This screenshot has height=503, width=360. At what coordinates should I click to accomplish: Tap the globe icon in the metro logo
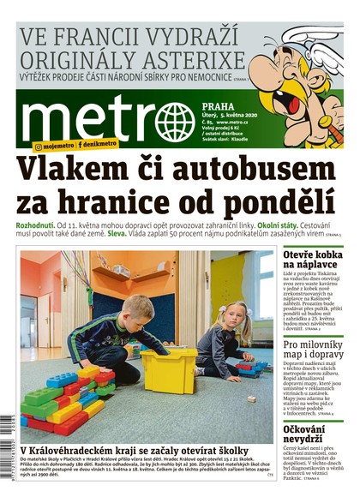click(x=175, y=122)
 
